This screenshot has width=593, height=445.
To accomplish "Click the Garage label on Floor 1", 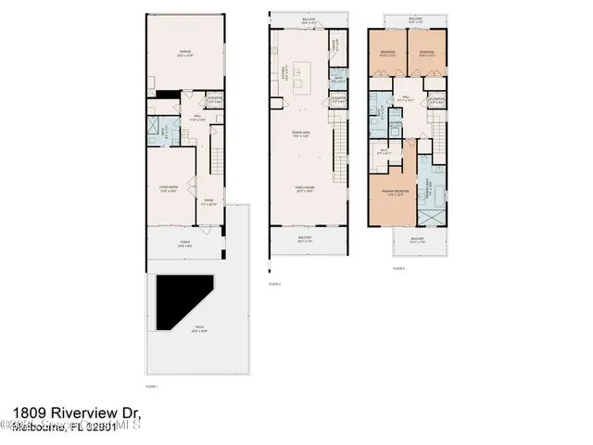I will point(185,53).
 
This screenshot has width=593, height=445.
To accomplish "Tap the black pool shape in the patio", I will point(181,301).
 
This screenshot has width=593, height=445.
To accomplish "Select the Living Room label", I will point(169,190).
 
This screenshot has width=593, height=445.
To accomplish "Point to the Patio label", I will point(198,328).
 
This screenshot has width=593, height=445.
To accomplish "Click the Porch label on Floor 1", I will point(185,245).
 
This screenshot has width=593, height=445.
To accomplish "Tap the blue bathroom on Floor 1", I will point(155,132).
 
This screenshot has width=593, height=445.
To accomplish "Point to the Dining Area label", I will point(299,136).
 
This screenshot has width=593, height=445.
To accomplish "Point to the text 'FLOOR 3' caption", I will point(398,267).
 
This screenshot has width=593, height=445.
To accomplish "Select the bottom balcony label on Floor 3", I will point(416,239).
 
